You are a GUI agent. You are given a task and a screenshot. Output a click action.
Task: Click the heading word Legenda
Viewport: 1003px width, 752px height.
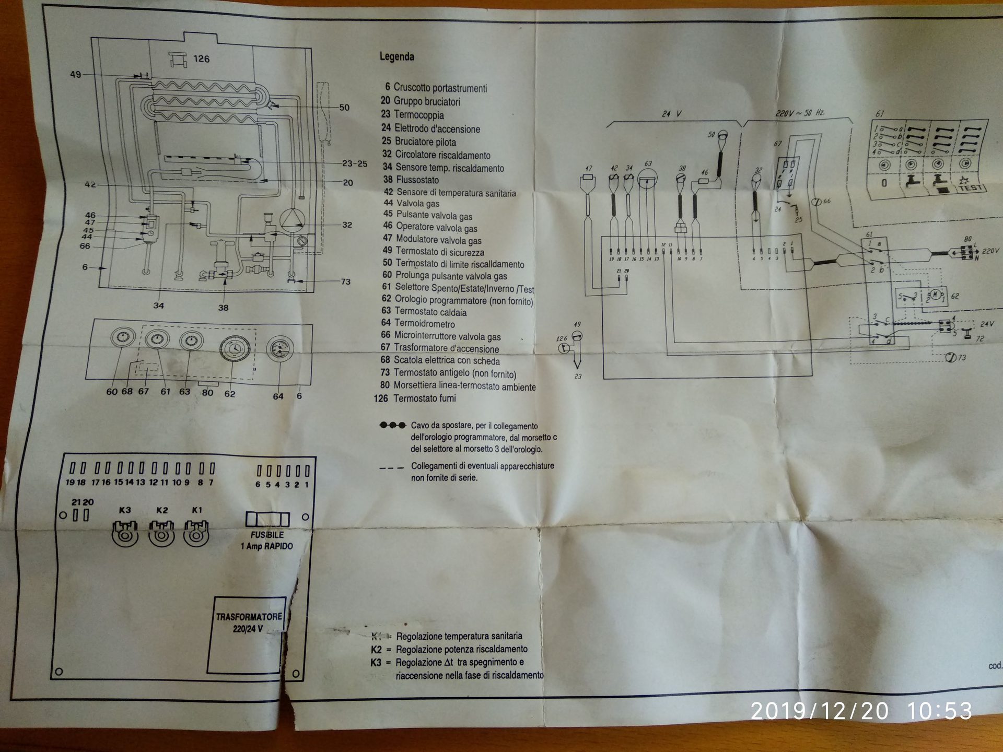397,56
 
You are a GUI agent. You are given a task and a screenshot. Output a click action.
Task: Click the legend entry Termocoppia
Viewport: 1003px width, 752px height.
418,114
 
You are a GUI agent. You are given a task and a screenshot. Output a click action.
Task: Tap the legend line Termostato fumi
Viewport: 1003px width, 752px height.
424,398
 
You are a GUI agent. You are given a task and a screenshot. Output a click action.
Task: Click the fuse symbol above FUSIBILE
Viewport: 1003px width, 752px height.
267,519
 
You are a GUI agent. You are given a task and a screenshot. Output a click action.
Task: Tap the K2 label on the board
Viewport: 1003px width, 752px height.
162,510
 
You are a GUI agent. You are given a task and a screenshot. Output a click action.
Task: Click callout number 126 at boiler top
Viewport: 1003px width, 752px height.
201,59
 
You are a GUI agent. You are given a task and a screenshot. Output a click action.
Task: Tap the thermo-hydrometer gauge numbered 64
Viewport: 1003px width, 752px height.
279,348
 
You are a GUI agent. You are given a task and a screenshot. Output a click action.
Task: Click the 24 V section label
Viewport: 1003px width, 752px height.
671,113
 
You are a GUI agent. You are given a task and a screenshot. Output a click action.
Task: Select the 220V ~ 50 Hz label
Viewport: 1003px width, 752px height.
800,113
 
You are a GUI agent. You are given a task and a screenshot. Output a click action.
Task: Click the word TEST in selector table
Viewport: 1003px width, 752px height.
970,187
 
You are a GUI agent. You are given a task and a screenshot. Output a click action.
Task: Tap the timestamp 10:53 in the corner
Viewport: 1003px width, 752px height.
939,711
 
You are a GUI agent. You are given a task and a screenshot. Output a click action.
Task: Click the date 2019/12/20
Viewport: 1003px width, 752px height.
819,711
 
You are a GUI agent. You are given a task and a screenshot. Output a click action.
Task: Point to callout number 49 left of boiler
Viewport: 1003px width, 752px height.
75,75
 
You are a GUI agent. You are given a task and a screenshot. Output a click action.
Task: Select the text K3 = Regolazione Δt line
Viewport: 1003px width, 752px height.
447,663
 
